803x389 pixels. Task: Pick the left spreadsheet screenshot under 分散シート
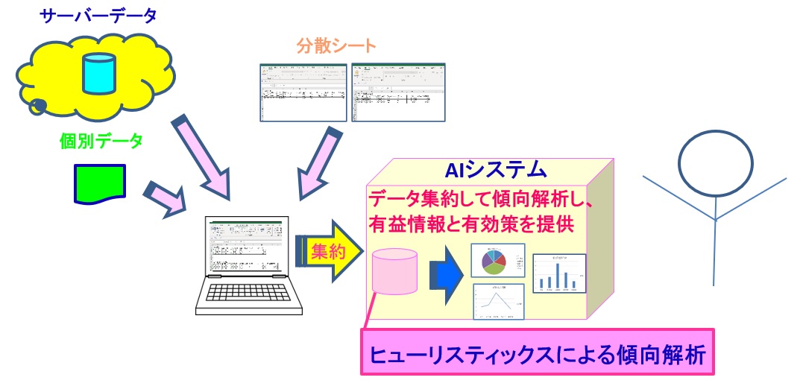(x=303, y=92)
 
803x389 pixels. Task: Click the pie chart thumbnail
(x=497, y=260)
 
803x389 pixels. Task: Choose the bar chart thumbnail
(x=559, y=273)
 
